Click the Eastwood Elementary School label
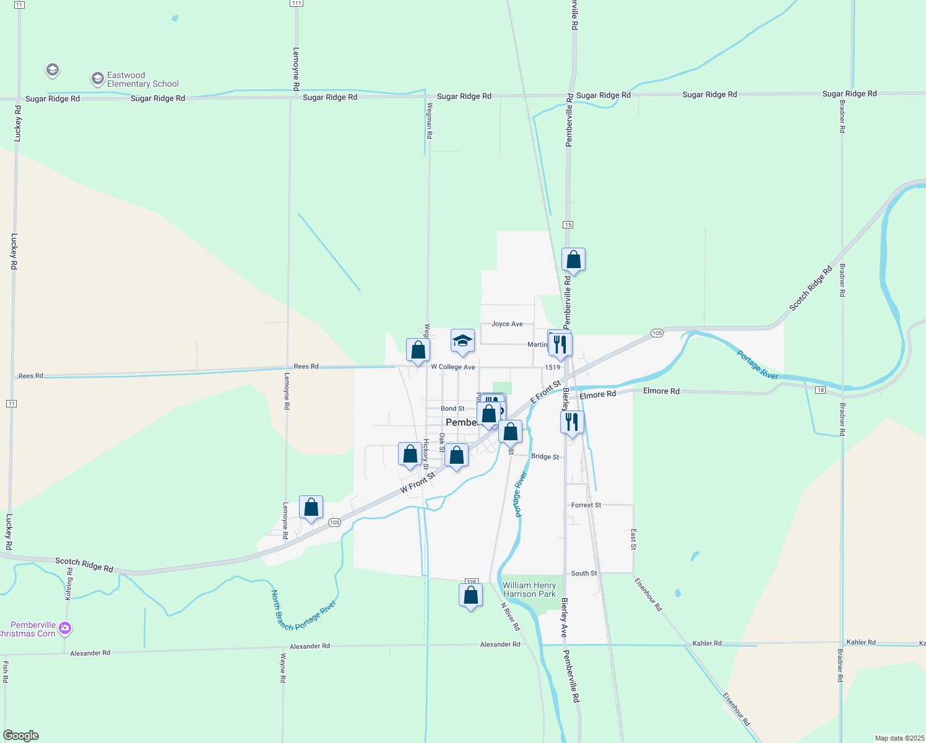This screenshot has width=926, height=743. [142, 80]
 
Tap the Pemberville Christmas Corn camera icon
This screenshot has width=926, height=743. [65, 628]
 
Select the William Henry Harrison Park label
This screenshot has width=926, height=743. [529, 589]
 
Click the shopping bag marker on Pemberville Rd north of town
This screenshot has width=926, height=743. [573, 260]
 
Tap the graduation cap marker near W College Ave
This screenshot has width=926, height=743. [462, 341]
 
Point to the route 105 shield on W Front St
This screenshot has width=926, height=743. [334, 523]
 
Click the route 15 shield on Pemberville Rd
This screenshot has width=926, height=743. [568, 225]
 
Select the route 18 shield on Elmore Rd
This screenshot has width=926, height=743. [820, 390]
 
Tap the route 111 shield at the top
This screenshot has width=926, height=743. [296, 4]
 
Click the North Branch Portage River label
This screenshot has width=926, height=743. [303, 612]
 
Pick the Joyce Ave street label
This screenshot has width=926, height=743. [507, 324]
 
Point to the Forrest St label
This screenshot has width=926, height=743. [586, 505]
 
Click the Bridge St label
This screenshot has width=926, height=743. [545, 456]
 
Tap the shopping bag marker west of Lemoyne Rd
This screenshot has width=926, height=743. [311, 508]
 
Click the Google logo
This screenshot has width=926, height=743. [21, 736]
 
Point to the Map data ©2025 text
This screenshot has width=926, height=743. [899, 738]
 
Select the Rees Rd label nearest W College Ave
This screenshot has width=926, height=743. [306, 367]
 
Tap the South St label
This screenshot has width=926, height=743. [584, 573]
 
